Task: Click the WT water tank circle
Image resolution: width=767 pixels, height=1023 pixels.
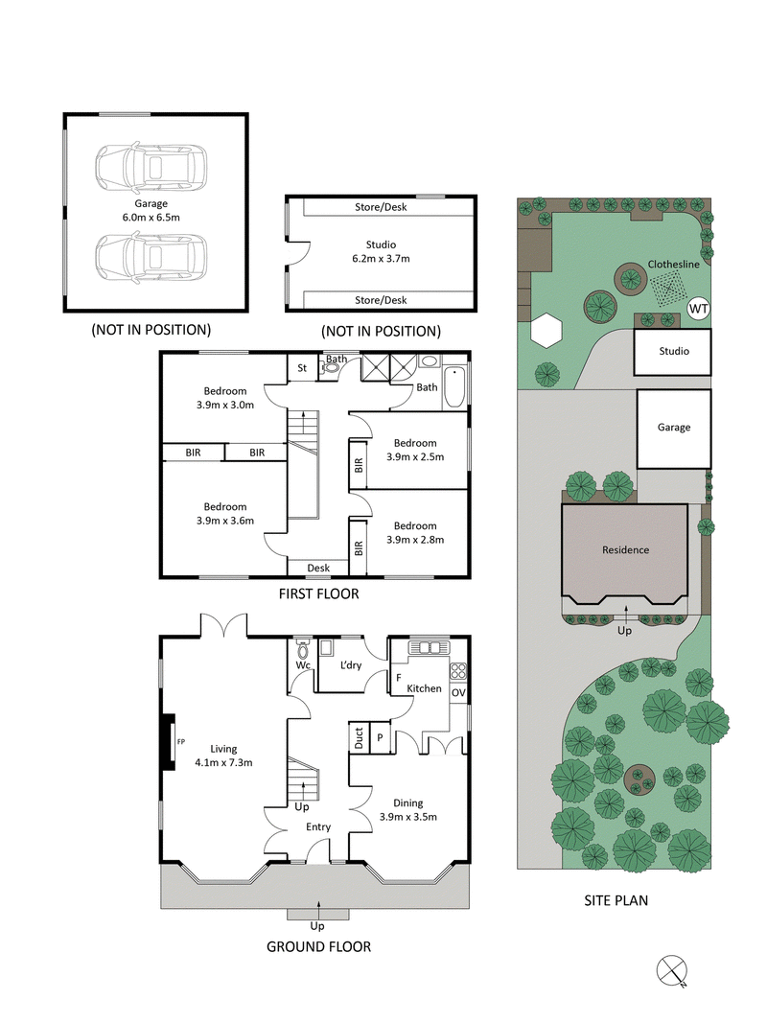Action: [698, 310]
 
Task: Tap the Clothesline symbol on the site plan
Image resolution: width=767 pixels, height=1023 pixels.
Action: [667, 286]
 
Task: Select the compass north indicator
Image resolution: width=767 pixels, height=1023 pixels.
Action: [674, 970]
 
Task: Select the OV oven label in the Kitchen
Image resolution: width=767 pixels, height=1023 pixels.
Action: [458, 692]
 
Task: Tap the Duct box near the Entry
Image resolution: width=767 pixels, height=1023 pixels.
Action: [359, 736]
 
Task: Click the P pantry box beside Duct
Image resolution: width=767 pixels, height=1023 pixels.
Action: [379, 736]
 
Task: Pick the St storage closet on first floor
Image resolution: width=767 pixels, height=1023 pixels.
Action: [301, 367]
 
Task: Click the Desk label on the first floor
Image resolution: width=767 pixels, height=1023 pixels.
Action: [318, 568]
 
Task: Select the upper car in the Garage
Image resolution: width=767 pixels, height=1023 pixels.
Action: [151, 167]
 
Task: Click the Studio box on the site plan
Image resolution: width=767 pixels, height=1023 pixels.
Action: [673, 352]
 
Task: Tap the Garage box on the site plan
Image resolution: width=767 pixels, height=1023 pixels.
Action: [673, 428]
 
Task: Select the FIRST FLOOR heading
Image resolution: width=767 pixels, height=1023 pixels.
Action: [318, 594]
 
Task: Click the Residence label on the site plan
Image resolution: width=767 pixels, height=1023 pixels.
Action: [625, 550]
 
